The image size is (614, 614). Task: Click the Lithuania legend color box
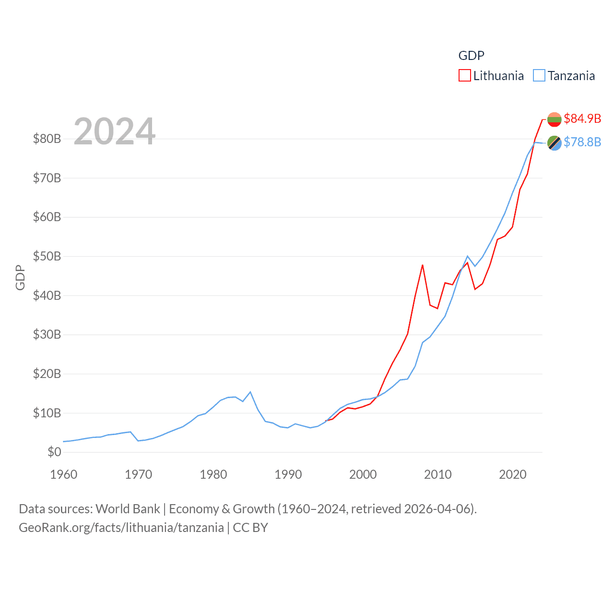(464, 76)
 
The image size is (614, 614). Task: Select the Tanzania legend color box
(539, 76)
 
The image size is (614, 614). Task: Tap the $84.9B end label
(582, 118)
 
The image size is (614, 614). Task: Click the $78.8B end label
(582, 142)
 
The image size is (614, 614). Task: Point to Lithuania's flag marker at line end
(554, 119)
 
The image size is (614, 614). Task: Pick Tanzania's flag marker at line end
(554, 142)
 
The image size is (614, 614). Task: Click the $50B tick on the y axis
(47, 256)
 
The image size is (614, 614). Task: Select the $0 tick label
(54, 452)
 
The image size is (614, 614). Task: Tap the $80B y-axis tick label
(47, 139)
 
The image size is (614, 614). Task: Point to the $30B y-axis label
(47, 334)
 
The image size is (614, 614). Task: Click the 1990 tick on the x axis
(288, 474)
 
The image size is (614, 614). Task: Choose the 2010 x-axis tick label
(437, 474)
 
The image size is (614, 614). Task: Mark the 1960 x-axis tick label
(64, 474)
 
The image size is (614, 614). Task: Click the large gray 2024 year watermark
(115, 131)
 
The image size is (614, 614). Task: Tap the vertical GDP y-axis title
(20, 277)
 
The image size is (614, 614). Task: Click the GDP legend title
(471, 56)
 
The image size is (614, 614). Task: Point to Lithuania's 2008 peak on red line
(423, 265)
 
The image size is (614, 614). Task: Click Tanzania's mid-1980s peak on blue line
(250, 392)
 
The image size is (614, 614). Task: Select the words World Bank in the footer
(128, 508)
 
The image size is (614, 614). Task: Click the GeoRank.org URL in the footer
(121, 528)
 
